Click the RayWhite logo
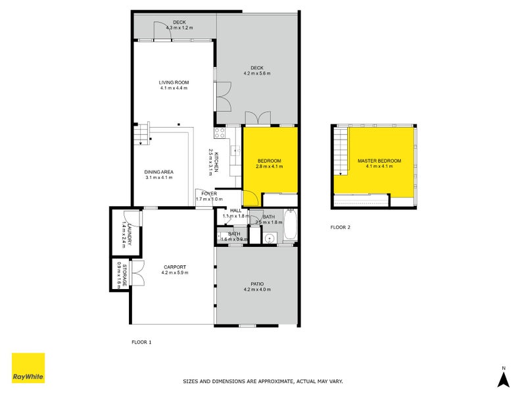pos(28,368)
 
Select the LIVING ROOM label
pos(174,82)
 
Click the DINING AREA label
pos(158,172)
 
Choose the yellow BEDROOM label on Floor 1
pos(269,161)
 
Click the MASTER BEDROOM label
pos(379,161)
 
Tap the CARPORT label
pos(174,267)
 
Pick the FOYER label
pos(209,194)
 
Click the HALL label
pos(235,211)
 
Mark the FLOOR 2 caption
pos(341,227)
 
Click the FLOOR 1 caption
pos(141,342)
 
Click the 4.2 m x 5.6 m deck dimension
pos(257,73)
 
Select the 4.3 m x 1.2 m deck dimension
pos(180,28)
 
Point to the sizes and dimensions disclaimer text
pos(262,381)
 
